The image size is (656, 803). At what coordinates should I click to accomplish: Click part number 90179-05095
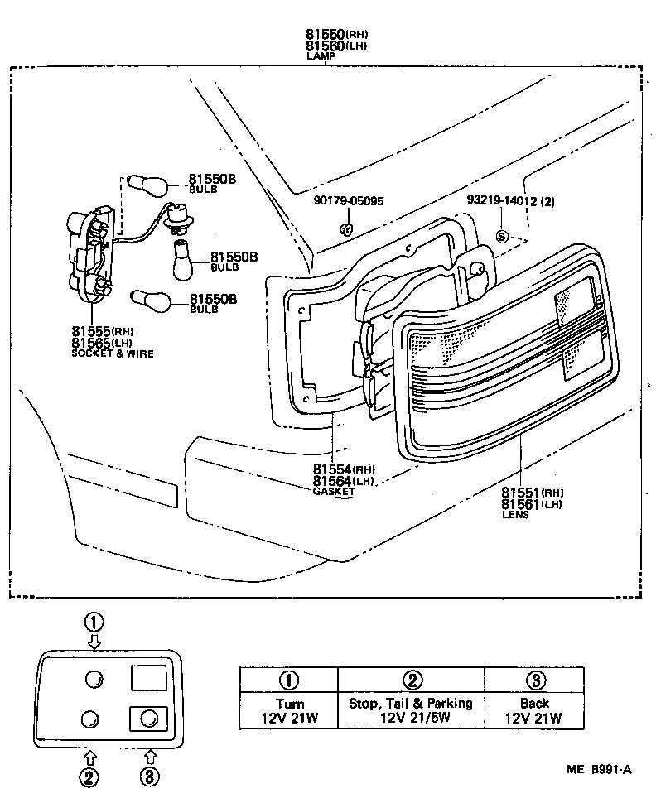pyautogui.click(x=348, y=200)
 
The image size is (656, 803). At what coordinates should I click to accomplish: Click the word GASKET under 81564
pyautogui.click(x=334, y=492)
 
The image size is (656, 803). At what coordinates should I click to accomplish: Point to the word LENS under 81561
pyautogui.click(x=514, y=515)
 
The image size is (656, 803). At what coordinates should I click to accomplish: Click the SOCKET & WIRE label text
pyautogui.click(x=113, y=353)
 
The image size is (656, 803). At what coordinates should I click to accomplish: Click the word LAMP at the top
pyautogui.click(x=320, y=56)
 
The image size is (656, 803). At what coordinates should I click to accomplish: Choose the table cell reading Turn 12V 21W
pyautogui.click(x=289, y=711)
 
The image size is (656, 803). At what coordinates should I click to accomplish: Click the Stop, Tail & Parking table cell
pyautogui.click(x=411, y=711)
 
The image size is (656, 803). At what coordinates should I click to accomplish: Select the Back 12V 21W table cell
pyautogui.click(x=533, y=711)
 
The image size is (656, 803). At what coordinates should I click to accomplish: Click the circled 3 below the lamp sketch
pyautogui.click(x=150, y=777)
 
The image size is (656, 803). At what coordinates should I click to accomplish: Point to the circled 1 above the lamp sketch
pyautogui.click(x=95, y=621)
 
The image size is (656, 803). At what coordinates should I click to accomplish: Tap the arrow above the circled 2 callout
pyautogui.click(x=89, y=756)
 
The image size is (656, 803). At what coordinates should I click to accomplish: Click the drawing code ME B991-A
pyautogui.click(x=598, y=769)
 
